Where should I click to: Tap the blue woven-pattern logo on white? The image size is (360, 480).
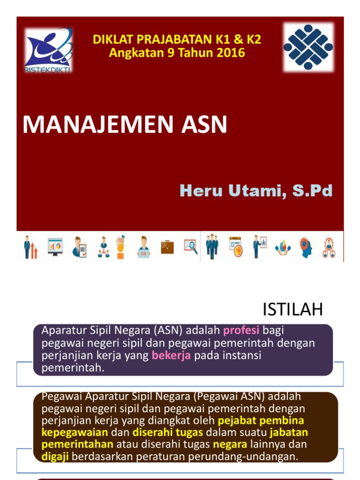(x=308, y=47)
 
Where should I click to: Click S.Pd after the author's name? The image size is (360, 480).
(x=312, y=191)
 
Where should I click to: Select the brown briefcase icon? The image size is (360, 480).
(x=167, y=247)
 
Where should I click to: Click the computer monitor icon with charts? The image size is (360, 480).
(x=55, y=246)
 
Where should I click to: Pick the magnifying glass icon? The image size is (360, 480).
(x=190, y=247)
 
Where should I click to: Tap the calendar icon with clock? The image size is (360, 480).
(x=235, y=246)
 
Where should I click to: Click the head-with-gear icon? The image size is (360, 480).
(x=306, y=247)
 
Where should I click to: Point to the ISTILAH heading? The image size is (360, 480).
(x=293, y=309)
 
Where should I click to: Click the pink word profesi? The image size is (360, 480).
(x=241, y=330)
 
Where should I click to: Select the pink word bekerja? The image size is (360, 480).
(x=171, y=355)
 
